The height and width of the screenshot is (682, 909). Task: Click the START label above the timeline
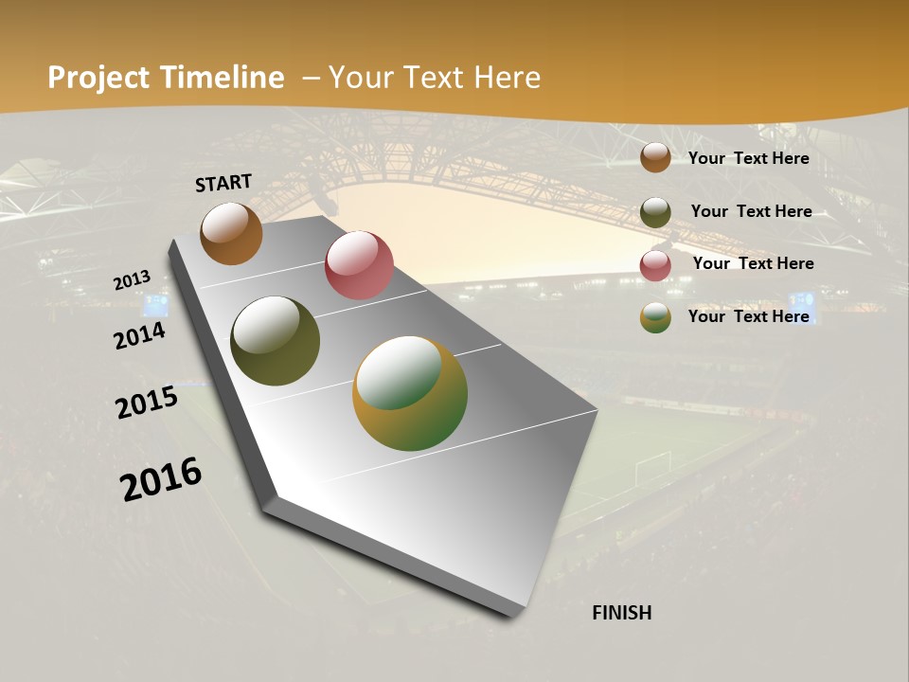tap(223, 183)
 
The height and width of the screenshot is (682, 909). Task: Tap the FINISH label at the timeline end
tap(621, 613)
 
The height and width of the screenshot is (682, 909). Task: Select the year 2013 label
tap(133, 280)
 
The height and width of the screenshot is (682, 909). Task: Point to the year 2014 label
tap(140, 335)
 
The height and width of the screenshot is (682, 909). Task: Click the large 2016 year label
tap(161, 478)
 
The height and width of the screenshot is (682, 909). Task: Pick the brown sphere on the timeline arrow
tap(231, 233)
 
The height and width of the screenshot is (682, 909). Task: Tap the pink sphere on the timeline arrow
tap(359, 265)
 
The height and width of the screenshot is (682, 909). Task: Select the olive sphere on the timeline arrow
tap(275, 341)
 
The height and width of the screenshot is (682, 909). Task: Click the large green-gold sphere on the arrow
tap(410, 393)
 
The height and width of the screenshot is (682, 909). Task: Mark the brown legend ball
tap(655, 157)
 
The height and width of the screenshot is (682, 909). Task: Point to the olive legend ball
tap(655, 212)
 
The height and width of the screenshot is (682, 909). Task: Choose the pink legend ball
tap(655, 265)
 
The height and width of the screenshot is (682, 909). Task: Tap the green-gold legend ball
tap(655, 317)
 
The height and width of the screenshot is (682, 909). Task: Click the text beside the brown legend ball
tap(748, 158)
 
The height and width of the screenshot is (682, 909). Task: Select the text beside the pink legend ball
tap(753, 263)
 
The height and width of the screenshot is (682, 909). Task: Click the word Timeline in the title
tap(223, 78)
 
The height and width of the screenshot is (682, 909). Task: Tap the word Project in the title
tap(98, 78)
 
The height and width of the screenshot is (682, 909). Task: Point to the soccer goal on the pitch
tap(652, 464)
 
